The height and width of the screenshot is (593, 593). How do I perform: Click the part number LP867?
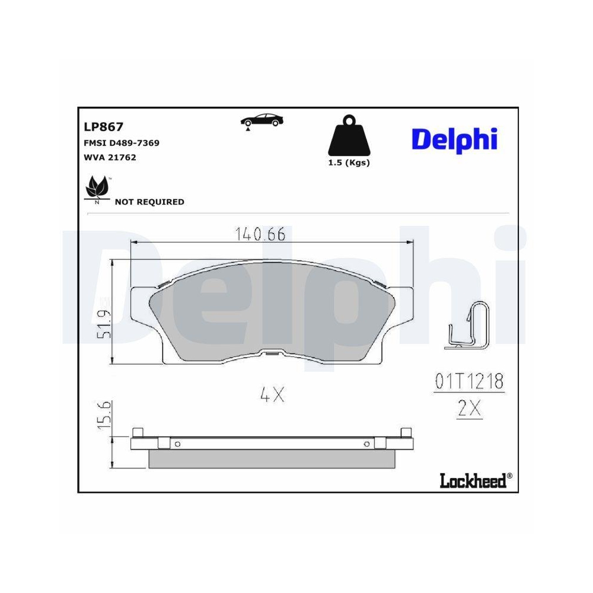click(103, 126)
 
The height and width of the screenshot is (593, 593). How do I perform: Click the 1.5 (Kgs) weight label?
click(349, 163)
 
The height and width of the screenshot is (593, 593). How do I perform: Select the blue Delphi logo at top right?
click(454, 139)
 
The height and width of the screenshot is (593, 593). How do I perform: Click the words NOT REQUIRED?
click(149, 202)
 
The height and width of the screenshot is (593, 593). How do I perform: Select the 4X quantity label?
click(272, 395)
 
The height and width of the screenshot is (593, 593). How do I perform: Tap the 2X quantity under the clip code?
click(469, 409)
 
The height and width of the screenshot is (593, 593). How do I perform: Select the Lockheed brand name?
click(473, 480)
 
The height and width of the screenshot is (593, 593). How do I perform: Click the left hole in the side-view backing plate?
click(176, 444)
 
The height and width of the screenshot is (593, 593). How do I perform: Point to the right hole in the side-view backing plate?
click(367, 444)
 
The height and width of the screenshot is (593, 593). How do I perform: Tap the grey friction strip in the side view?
click(272, 458)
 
